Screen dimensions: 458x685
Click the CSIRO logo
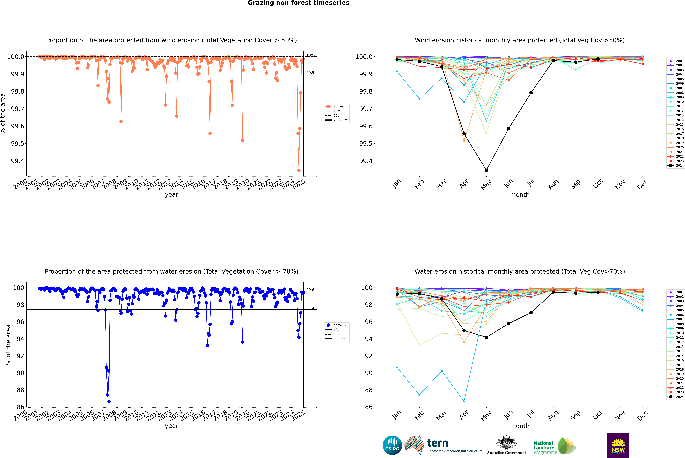[x=392, y=445]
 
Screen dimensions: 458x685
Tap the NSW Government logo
[x=618, y=445]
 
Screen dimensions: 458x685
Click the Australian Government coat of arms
[x=506, y=443]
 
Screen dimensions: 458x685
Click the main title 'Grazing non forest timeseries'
[x=298, y=3]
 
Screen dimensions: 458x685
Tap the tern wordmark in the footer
[x=437, y=443]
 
